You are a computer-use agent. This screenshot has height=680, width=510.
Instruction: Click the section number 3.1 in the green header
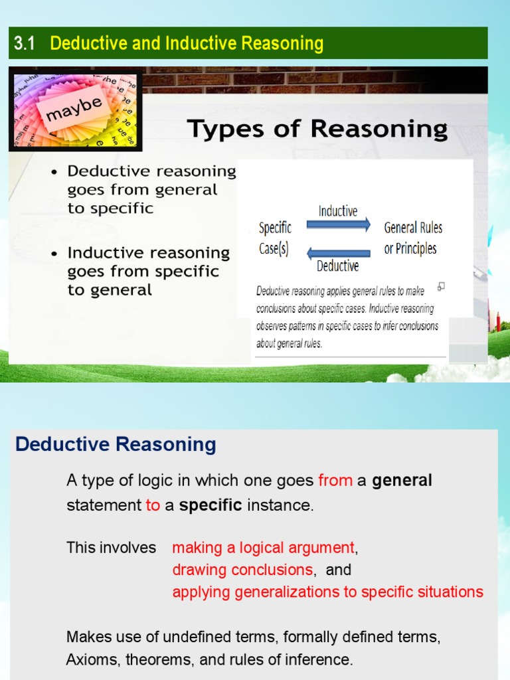pos(24,44)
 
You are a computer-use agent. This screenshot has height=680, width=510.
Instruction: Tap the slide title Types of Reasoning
pos(317,129)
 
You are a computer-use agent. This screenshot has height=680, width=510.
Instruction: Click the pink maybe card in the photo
pos(74,110)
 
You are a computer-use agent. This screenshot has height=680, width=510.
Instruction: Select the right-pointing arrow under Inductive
pos(339,225)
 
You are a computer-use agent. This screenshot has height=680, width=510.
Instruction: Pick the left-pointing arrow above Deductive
pos(339,253)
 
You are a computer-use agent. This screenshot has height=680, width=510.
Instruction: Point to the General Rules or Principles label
pos(413,238)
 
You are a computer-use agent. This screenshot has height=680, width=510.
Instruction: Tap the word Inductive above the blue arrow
pos(338,211)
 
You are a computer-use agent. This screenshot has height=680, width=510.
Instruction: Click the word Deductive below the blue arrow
pos(338,266)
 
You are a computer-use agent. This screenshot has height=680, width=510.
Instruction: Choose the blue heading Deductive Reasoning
pos(116,445)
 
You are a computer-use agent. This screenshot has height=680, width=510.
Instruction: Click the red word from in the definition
pos(335,480)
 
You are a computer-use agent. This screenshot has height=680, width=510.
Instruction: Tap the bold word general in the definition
pos(402,480)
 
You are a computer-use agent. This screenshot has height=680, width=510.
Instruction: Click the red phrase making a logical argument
pos(264,548)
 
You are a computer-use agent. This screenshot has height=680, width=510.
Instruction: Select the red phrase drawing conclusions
pos(242,570)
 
